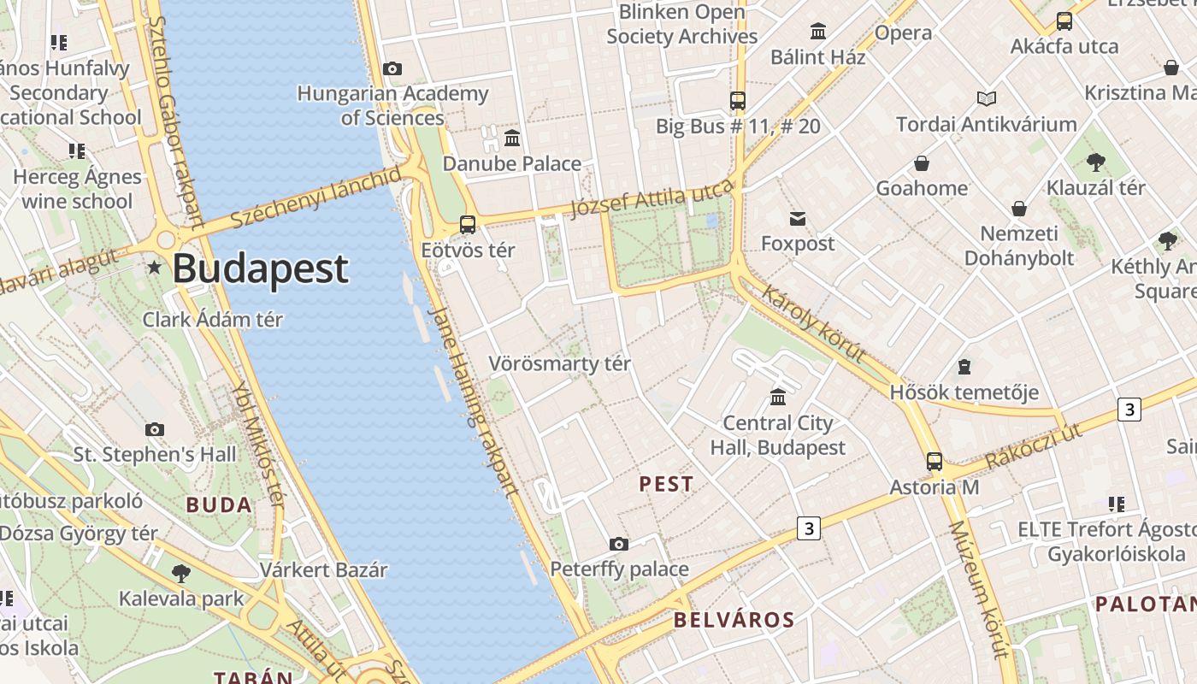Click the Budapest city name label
(260, 268)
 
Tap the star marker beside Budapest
(154, 268)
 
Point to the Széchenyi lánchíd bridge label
(315, 198)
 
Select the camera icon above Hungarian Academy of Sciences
(392, 68)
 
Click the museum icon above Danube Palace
(512, 138)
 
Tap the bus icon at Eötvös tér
(468, 225)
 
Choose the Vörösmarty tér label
(559, 363)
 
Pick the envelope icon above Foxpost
(798, 219)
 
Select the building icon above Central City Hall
(778, 398)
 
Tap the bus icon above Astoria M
(935, 462)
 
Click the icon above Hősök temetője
(964, 368)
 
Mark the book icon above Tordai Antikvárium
(987, 99)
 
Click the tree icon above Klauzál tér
(1095, 162)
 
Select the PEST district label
(666, 484)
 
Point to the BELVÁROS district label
(734, 620)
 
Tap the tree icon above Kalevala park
(180, 573)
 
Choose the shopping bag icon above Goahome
(922, 163)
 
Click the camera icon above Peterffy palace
(619, 544)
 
